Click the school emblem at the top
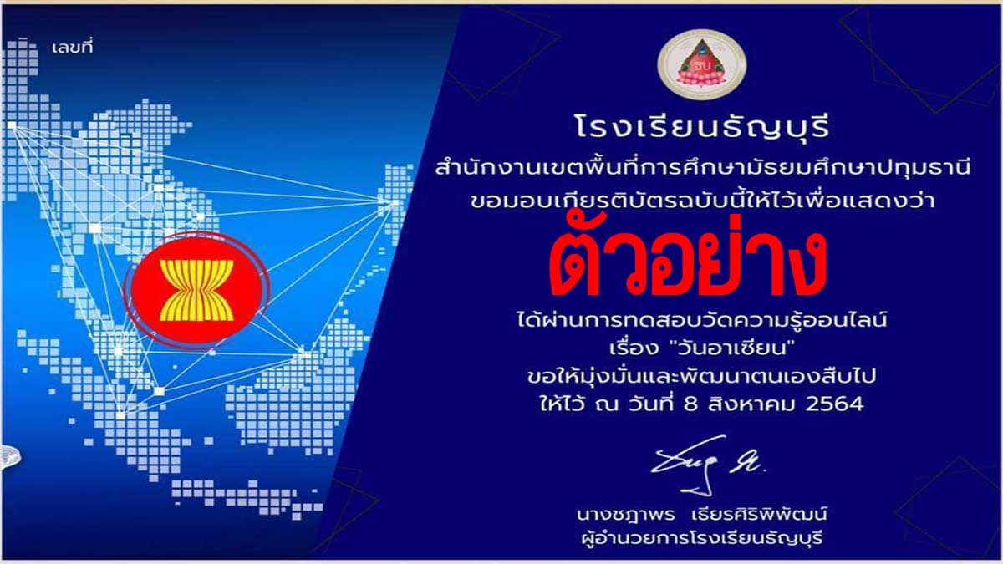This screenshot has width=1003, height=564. coord(701,64)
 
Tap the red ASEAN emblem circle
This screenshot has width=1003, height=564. coord(196,290)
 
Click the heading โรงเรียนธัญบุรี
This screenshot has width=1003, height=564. coord(702,126)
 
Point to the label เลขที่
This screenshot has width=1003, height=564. coord(73,47)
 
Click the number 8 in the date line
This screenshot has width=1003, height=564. coord(691,404)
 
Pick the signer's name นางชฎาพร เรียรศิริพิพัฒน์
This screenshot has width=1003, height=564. coord(701,515)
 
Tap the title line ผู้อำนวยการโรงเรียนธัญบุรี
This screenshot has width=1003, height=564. coord(701,538)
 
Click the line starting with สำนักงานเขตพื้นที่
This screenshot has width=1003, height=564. coord(703,168)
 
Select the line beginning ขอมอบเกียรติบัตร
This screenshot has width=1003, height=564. coord(703,201)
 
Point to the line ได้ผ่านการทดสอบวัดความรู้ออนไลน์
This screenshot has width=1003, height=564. coord(701,320)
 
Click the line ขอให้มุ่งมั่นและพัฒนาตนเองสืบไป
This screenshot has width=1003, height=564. coord(701,376)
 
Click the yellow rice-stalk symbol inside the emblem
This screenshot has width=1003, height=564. coord(196,291)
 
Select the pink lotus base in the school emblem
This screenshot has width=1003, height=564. coord(701,78)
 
